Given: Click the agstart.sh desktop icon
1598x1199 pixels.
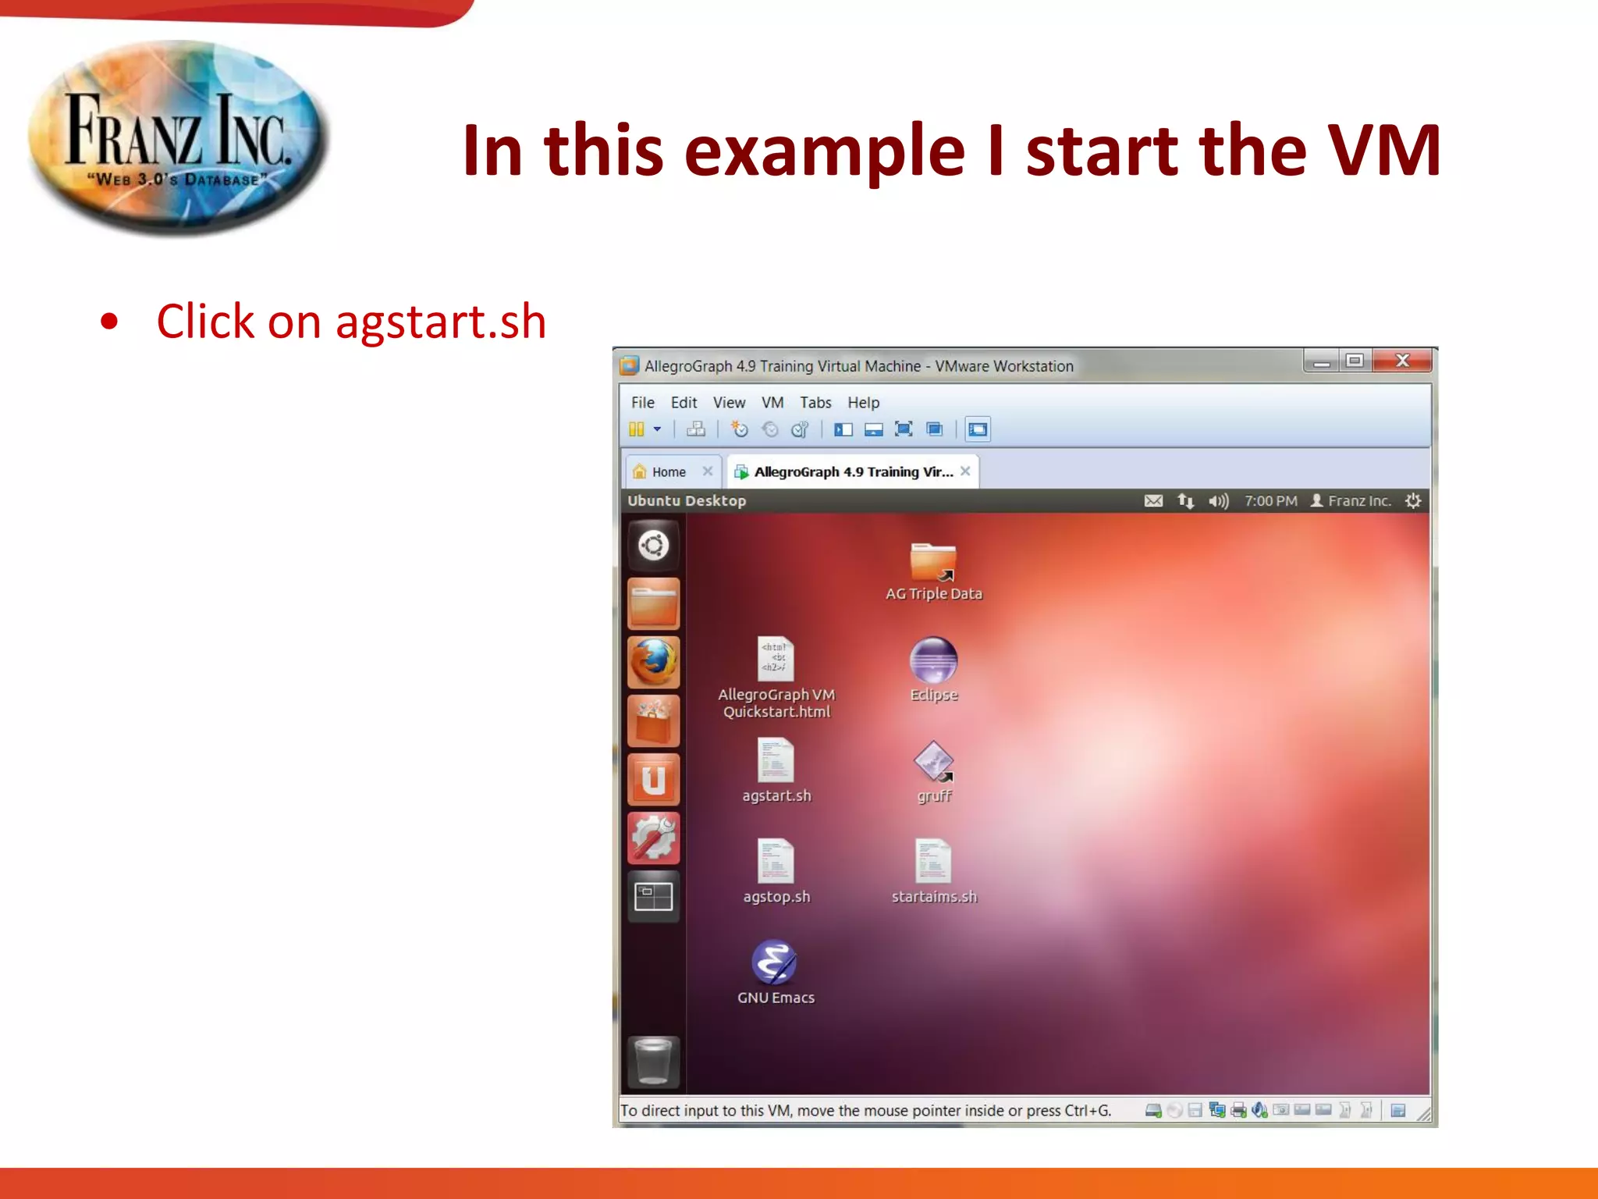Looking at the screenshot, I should click(x=776, y=761).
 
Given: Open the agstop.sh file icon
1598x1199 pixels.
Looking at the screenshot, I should click(x=776, y=861).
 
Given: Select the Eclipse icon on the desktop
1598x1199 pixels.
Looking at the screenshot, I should click(x=933, y=660).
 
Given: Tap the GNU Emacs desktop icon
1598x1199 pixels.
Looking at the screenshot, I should click(x=774, y=962).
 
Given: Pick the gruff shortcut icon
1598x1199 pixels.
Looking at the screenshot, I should click(x=933, y=761).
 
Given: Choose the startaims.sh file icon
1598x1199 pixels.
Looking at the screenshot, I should click(x=933, y=861).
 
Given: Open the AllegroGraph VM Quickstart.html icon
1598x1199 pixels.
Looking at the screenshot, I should click(x=776, y=659).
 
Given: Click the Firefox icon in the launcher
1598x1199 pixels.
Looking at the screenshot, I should click(x=654, y=662).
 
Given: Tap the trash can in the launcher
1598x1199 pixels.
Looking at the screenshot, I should click(x=654, y=1061).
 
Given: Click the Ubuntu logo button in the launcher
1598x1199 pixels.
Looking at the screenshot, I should click(x=654, y=545).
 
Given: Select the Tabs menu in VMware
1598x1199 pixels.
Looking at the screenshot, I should click(x=815, y=403).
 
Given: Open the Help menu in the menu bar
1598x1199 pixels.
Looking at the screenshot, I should click(x=863, y=403).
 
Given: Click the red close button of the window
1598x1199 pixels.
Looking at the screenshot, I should click(x=1402, y=361).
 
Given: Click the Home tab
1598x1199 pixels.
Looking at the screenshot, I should click(x=669, y=472).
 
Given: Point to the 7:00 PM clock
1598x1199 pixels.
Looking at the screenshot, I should click(x=1270, y=501).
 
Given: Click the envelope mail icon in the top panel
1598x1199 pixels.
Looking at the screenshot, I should click(x=1153, y=501).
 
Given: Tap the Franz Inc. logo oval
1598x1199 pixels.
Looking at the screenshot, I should click(x=178, y=138).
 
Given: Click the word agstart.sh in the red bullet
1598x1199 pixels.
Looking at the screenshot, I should click(x=441, y=322).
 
